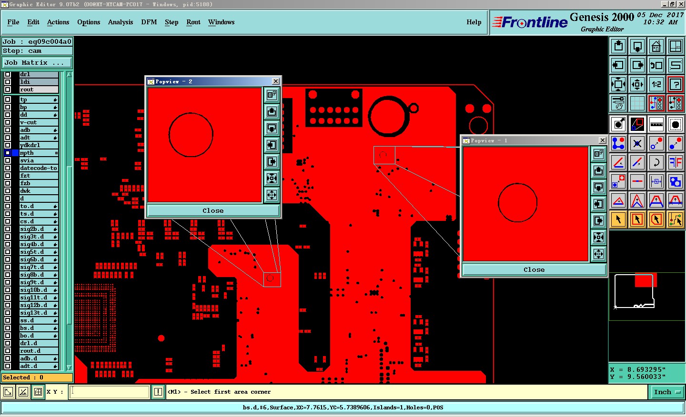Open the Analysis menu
121,22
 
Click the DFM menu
149,22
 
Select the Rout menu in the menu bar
193,22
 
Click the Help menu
474,22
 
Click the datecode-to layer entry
39,168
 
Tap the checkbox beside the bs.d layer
8,328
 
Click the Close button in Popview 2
213,210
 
